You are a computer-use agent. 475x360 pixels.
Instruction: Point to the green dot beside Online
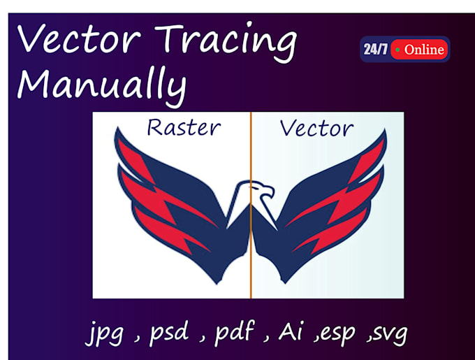tap(397, 50)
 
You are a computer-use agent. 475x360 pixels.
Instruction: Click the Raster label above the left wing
tap(184, 128)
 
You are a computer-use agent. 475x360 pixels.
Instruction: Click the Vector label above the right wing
tap(316, 129)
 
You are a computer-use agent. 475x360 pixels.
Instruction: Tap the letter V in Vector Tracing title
tap(29, 40)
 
